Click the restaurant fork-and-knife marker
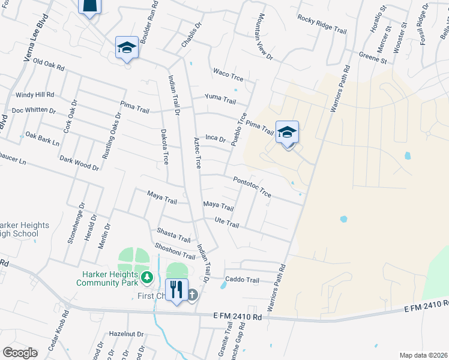(176, 290)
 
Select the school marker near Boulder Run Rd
(127, 47)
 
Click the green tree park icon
(145, 278)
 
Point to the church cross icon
(192, 294)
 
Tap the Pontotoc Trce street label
(252, 186)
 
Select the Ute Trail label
(227, 223)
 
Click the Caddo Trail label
(242, 280)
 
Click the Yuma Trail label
(220, 98)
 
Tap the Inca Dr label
(215, 139)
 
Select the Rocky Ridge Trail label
(322, 23)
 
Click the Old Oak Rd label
(49, 62)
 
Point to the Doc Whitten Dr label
(34, 110)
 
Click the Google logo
(20, 353)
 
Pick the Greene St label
(372, 58)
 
